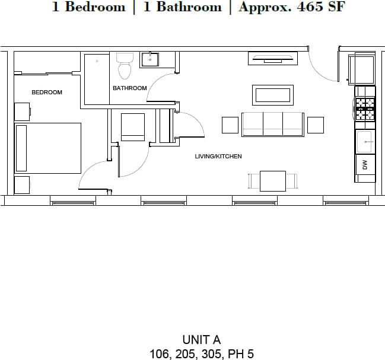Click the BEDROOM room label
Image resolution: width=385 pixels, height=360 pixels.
47,93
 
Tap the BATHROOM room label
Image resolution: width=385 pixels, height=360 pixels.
130,88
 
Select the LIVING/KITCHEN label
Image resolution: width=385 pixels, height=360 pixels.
218,157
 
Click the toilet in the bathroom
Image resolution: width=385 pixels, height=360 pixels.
125,66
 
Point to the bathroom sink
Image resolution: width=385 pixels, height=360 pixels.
149,60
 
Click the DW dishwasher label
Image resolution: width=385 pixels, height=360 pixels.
365,164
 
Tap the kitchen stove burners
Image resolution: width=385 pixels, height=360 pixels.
365,107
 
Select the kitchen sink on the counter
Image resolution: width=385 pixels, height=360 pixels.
364,142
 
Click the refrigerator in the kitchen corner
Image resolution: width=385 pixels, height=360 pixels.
362,68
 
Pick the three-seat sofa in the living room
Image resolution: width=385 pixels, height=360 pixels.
273,124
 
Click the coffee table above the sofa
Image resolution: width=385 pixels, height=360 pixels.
273,95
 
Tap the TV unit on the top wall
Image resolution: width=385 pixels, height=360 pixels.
273,58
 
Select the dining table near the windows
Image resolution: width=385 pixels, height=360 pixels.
272,181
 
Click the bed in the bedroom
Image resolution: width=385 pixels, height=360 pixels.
47,148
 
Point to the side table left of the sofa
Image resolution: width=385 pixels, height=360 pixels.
230,125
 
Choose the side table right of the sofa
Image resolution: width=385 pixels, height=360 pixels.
316,125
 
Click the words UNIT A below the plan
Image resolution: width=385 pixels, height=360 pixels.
201,340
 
